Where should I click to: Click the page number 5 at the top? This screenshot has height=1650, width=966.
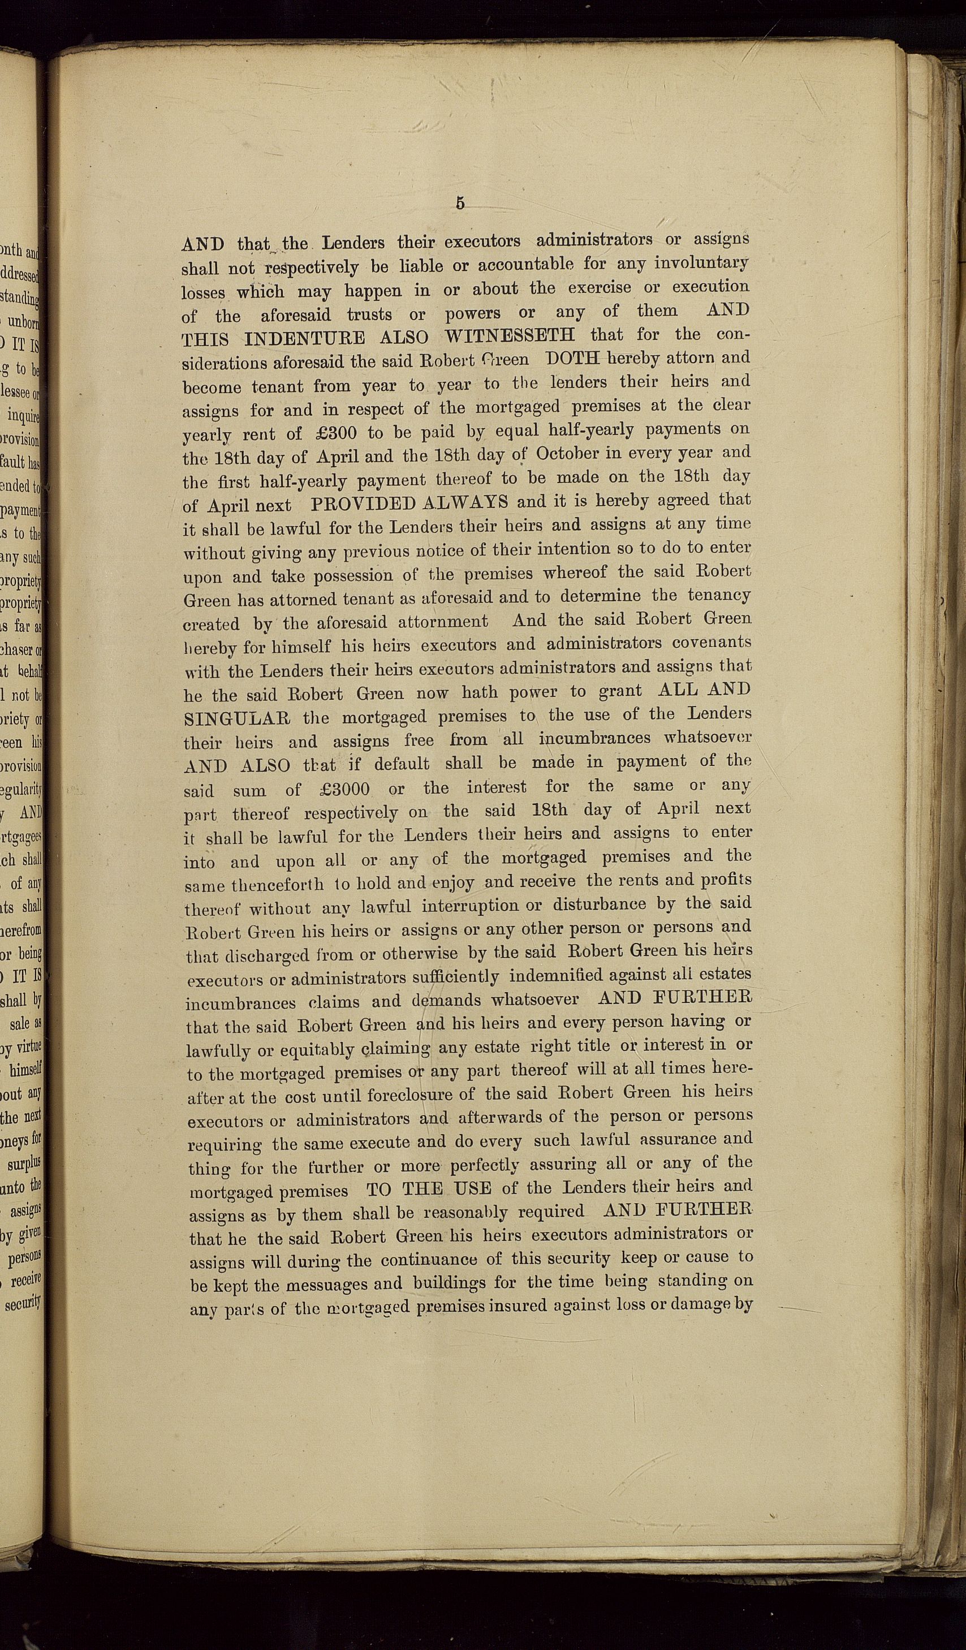click(x=460, y=204)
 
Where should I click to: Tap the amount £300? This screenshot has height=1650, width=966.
click(x=330, y=433)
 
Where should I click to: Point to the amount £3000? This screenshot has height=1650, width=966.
click(x=345, y=789)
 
